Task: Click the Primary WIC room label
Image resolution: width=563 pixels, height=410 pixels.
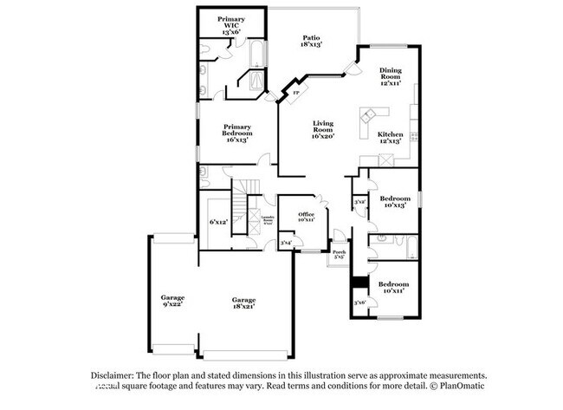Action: point(230,24)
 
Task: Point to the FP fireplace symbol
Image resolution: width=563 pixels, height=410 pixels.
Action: point(295,92)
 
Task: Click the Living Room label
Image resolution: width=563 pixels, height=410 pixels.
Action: point(323,130)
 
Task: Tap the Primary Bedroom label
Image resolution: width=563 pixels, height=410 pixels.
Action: point(236,133)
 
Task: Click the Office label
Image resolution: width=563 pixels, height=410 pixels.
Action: point(306,217)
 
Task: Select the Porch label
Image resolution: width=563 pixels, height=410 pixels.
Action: point(339,255)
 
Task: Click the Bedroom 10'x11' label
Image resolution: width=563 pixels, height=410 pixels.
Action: point(393,287)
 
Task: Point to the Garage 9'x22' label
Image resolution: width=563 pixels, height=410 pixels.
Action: point(171,301)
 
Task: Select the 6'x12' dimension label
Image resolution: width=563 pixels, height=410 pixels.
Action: point(218,222)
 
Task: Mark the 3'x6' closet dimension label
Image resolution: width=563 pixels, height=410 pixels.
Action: point(360,302)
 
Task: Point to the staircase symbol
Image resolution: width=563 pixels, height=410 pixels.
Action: point(249,187)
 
